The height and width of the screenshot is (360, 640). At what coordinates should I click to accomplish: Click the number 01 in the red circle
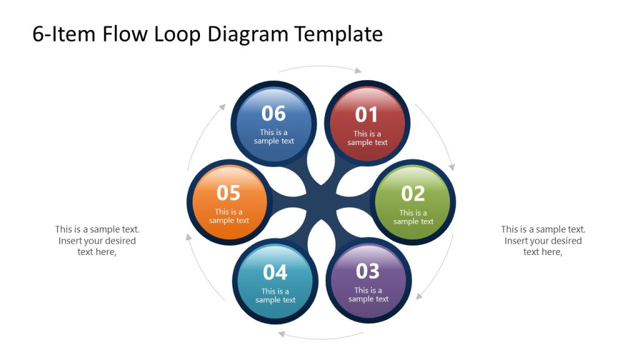coord(366,115)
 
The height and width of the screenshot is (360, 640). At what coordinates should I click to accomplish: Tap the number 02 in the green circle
coord(412,194)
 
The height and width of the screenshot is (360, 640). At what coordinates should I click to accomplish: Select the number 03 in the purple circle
coord(367,271)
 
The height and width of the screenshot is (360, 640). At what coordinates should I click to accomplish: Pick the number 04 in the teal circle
coord(275,272)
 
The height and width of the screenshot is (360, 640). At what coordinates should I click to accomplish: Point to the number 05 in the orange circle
coord(228,193)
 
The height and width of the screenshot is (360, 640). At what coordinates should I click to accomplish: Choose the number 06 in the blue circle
coord(274,114)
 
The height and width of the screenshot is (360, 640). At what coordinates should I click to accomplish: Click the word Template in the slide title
coord(338,34)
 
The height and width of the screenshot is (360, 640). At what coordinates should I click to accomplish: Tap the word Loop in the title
coord(177,34)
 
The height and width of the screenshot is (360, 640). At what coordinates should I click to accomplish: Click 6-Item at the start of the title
coord(64,34)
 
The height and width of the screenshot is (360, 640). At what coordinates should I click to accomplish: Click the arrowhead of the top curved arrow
coord(358,71)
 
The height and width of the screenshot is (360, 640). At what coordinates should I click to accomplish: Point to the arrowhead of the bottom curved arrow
coord(282,334)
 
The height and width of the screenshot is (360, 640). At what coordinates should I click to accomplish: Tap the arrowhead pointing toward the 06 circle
coord(222,107)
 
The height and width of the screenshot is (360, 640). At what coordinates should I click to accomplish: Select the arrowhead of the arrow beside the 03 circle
coord(419,296)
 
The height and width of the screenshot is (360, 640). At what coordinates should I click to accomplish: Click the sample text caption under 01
coord(367,138)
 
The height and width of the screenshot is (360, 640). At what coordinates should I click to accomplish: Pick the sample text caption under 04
coord(275,296)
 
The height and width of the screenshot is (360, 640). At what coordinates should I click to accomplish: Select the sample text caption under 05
coord(229,216)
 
